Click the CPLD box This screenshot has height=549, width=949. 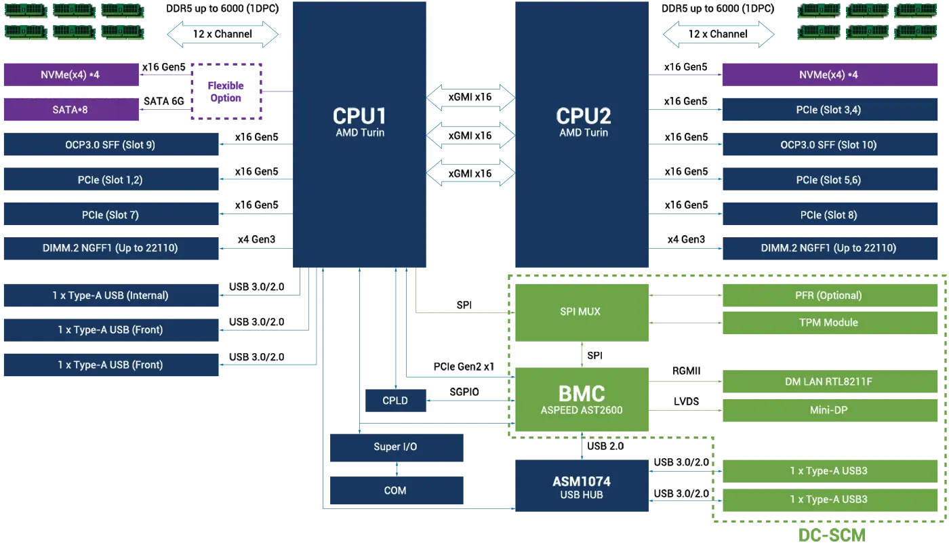[x=395, y=401]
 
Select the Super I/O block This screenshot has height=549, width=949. [x=397, y=447]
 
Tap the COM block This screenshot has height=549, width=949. [x=397, y=490]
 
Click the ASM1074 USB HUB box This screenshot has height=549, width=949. [x=582, y=485]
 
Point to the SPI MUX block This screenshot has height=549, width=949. [x=582, y=312]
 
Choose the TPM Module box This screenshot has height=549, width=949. [x=830, y=323]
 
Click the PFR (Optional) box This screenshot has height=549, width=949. [x=830, y=296]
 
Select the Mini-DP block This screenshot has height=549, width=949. [x=830, y=410]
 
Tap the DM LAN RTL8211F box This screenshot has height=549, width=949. [x=830, y=381]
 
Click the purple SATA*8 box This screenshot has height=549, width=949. [x=71, y=110]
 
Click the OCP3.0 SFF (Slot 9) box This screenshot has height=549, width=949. [x=111, y=144]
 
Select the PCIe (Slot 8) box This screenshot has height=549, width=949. [x=830, y=214]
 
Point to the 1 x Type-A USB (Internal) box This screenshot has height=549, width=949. [x=111, y=296]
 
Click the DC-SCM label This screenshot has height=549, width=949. [x=832, y=535]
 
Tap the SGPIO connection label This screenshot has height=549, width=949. [x=464, y=392]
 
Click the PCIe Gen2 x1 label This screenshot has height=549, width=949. [x=464, y=367]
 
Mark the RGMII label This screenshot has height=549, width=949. [x=686, y=371]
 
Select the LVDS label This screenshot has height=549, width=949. [x=686, y=401]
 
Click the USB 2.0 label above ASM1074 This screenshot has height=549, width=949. [x=605, y=446]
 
